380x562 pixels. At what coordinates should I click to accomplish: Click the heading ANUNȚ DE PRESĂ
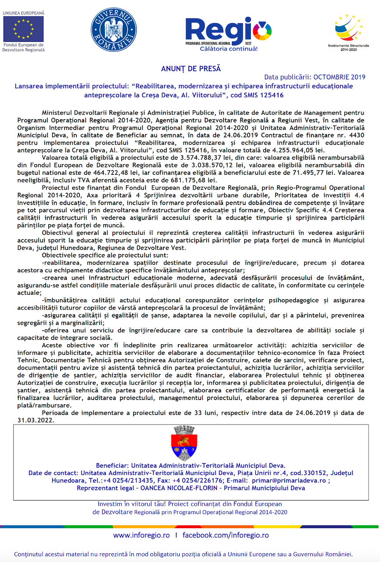point(191,68)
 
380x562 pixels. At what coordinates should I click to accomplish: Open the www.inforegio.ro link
point(141,535)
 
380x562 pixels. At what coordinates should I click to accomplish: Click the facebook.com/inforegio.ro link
point(225,535)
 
